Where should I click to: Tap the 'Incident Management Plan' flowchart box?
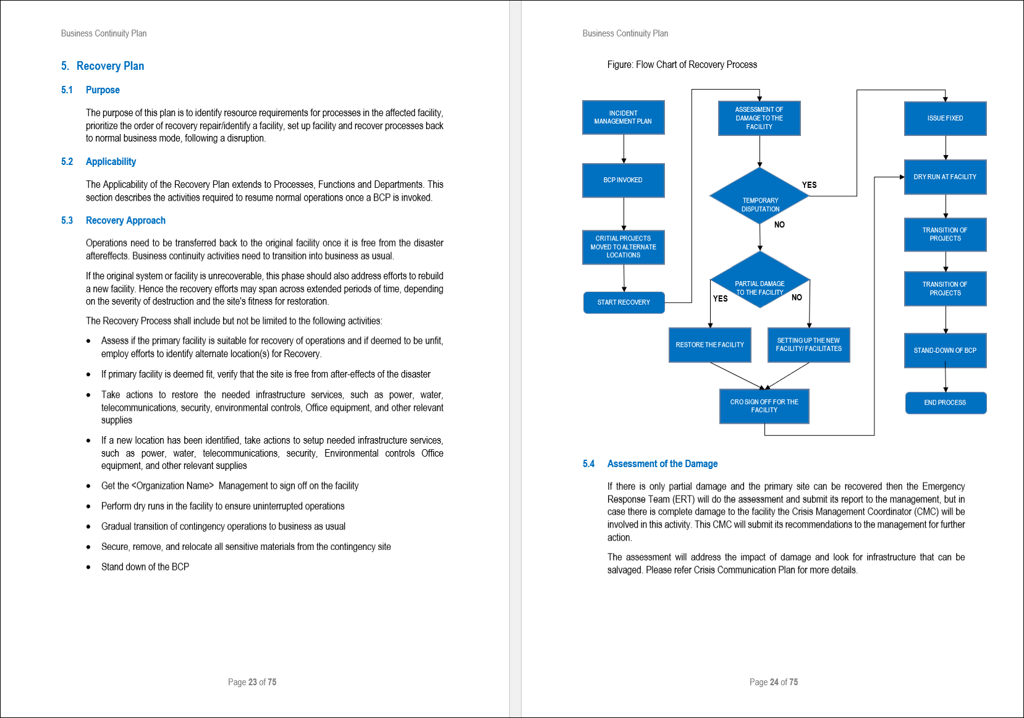(623, 117)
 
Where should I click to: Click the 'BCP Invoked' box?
(623, 180)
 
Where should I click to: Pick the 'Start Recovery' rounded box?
(624, 303)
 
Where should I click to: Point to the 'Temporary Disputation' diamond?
(760, 196)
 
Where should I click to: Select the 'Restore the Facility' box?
(709, 345)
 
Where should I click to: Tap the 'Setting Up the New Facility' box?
(808, 345)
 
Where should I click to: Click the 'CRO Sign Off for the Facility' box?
(764, 406)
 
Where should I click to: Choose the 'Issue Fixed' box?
(945, 119)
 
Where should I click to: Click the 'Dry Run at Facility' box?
(945, 177)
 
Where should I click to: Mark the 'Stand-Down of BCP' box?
(945, 350)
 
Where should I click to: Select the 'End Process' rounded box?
(945, 403)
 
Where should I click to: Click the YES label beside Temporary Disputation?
(809, 185)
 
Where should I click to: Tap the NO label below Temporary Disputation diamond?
(779, 225)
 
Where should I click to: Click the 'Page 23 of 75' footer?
(252, 682)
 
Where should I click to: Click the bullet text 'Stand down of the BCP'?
(145, 567)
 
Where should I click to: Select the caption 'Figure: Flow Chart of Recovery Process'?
(682, 65)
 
